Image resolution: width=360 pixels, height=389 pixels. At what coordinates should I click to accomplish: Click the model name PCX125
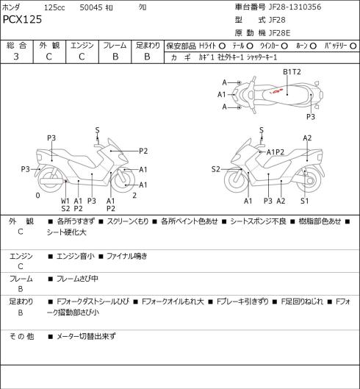(22, 20)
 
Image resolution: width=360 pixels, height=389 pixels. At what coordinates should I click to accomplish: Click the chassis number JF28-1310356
(295, 7)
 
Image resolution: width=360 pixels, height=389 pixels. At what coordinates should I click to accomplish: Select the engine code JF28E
(279, 33)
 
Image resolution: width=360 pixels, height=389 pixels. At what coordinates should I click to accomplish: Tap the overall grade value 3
(16, 57)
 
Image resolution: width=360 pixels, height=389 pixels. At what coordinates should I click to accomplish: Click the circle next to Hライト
(222, 46)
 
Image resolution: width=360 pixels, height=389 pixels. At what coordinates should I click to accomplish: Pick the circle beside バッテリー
(353, 46)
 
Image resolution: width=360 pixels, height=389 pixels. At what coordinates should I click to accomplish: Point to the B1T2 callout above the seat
(292, 72)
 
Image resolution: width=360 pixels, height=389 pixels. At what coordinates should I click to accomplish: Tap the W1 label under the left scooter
(65, 201)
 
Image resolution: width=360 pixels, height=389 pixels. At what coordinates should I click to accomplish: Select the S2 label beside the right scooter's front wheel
(216, 169)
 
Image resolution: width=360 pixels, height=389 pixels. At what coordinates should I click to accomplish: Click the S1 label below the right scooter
(304, 201)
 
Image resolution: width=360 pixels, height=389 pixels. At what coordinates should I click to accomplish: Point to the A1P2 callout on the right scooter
(276, 152)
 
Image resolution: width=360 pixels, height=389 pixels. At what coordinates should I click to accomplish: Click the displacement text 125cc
(54, 7)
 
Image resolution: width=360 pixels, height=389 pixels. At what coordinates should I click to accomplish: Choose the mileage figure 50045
(91, 7)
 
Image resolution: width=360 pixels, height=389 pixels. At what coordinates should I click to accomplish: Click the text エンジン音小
(76, 256)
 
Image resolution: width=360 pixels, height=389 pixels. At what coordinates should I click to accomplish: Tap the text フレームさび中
(77, 279)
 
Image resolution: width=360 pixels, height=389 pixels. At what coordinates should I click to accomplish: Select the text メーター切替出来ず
(86, 336)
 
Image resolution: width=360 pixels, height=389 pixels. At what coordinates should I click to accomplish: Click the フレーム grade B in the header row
(115, 57)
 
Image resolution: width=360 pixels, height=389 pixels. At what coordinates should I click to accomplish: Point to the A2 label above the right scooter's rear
(307, 138)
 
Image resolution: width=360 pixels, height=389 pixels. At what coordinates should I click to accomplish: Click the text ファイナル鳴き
(127, 256)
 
